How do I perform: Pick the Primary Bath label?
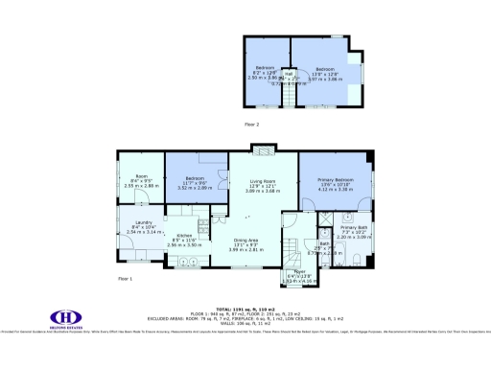[354, 229]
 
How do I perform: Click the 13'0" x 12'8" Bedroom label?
[326, 70]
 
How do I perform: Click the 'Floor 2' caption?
[250, 125]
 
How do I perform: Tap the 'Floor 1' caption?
[126, 278]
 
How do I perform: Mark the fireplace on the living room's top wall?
[263, 148]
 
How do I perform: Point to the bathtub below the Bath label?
[326, 261]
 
